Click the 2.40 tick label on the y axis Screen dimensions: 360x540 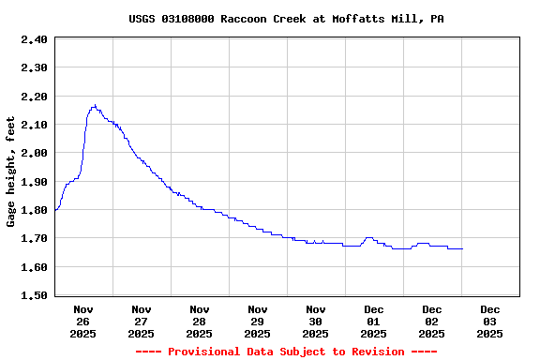click(34, 39)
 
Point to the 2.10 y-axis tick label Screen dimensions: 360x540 click(34, 125)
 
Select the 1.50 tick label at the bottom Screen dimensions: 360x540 click(34, 295)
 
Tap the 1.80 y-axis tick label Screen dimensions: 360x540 click(34, 210)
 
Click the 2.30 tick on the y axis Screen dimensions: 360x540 click(34, 67)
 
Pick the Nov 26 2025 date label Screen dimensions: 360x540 click(83, 321)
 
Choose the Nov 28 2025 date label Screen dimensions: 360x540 click(200, 321)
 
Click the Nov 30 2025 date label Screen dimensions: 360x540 click(316, 321)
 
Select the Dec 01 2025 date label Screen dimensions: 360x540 click(374, 321)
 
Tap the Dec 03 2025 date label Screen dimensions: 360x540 click(490, 321)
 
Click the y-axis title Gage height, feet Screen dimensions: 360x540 click(11, 172)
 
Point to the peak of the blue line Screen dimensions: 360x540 click(95, 105)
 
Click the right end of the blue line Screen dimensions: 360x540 click(462, 248)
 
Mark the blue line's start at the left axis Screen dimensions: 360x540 click(55, 210)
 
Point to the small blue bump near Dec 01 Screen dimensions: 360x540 click(368, 238)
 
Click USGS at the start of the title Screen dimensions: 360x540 click(143, 19)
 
